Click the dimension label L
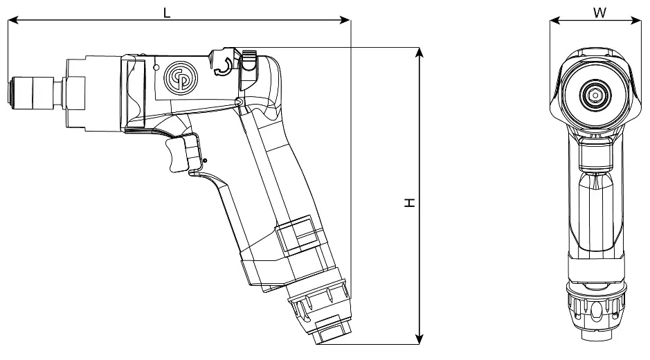click(166, 11)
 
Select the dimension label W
click(599, 12)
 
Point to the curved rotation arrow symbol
click(224, 67)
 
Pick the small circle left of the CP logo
click(157, 67)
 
